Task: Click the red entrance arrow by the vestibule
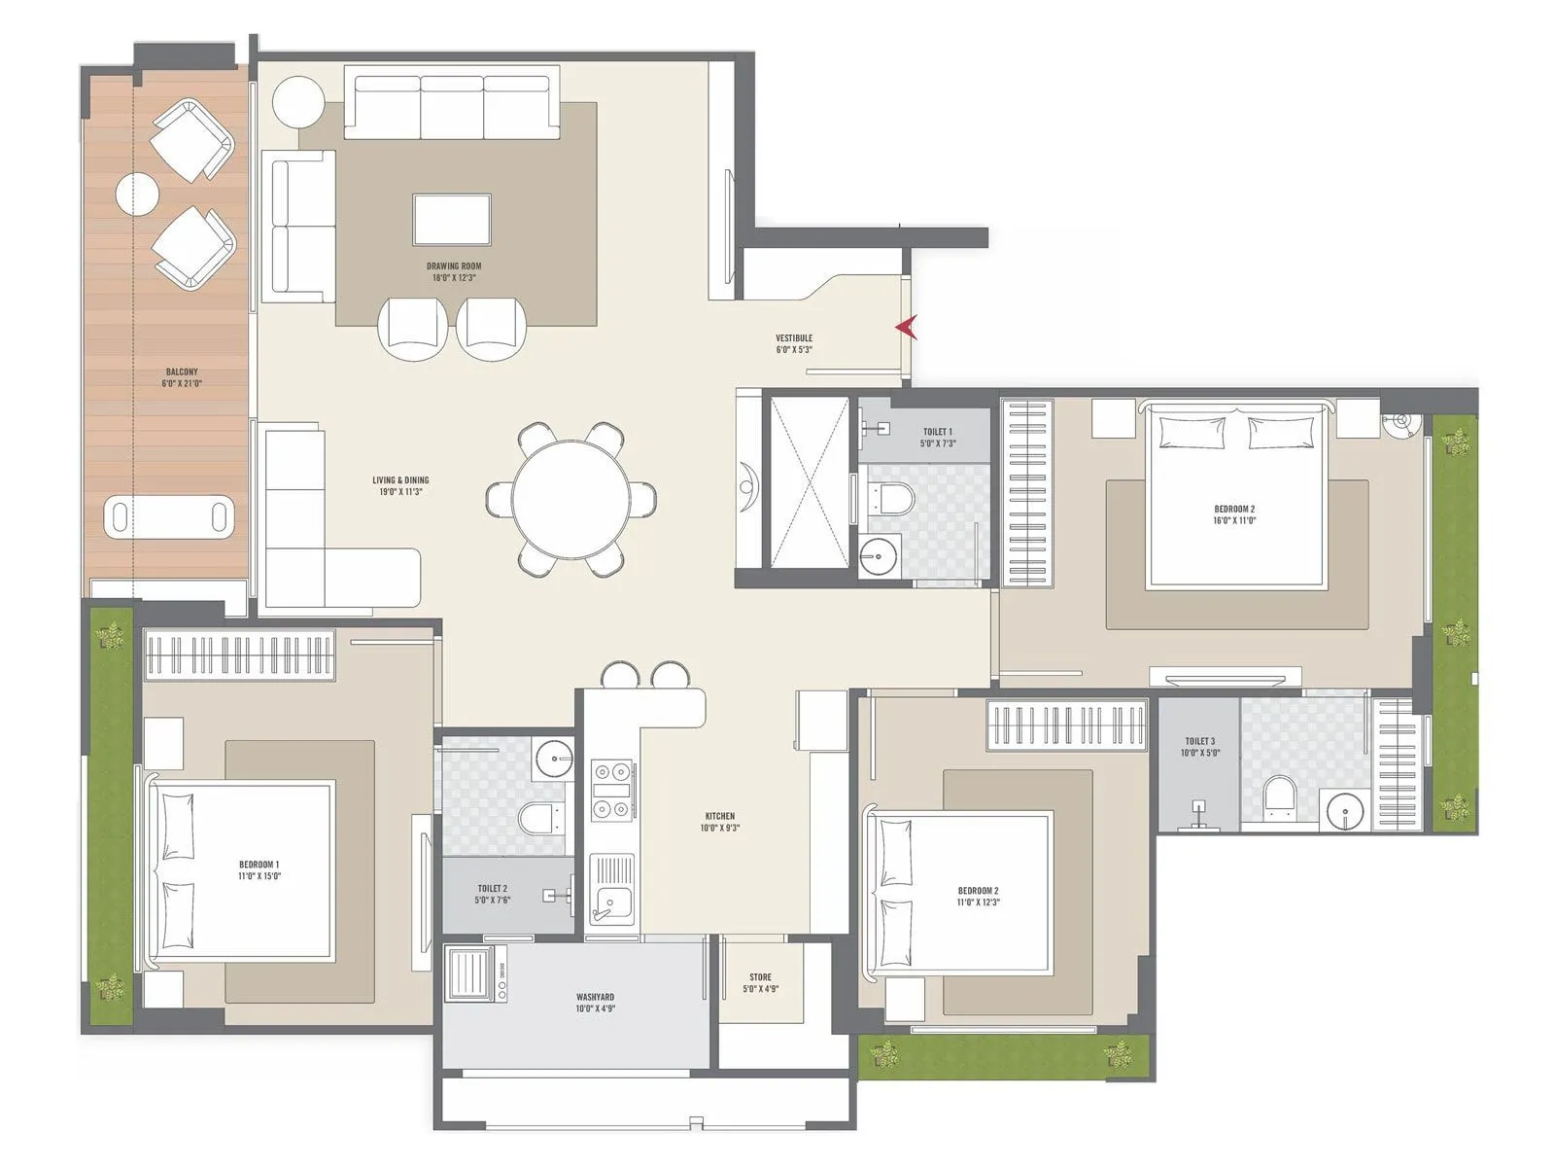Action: [x=907, y=328]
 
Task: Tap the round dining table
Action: [x=570, y=499]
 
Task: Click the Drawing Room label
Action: [x=454, y=271]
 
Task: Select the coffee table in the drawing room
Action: [x=452, y=219]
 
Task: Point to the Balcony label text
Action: [x=182, y=377]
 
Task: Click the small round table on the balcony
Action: [x=137, y=194]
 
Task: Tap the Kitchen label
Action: [x=720, y=822]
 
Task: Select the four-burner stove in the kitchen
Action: [x=612, y=791]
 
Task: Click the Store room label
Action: [x=760, y=982]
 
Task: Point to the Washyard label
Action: [x=595, y=1003]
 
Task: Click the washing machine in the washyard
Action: [x=476, y=974]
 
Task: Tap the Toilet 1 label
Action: [x=938, y=437]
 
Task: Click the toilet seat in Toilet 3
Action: [x=1279, y=794]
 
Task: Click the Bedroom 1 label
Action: [x=259, y=869]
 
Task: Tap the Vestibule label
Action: [x=794, y=343]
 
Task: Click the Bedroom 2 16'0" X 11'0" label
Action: [x=1234, y=513]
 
